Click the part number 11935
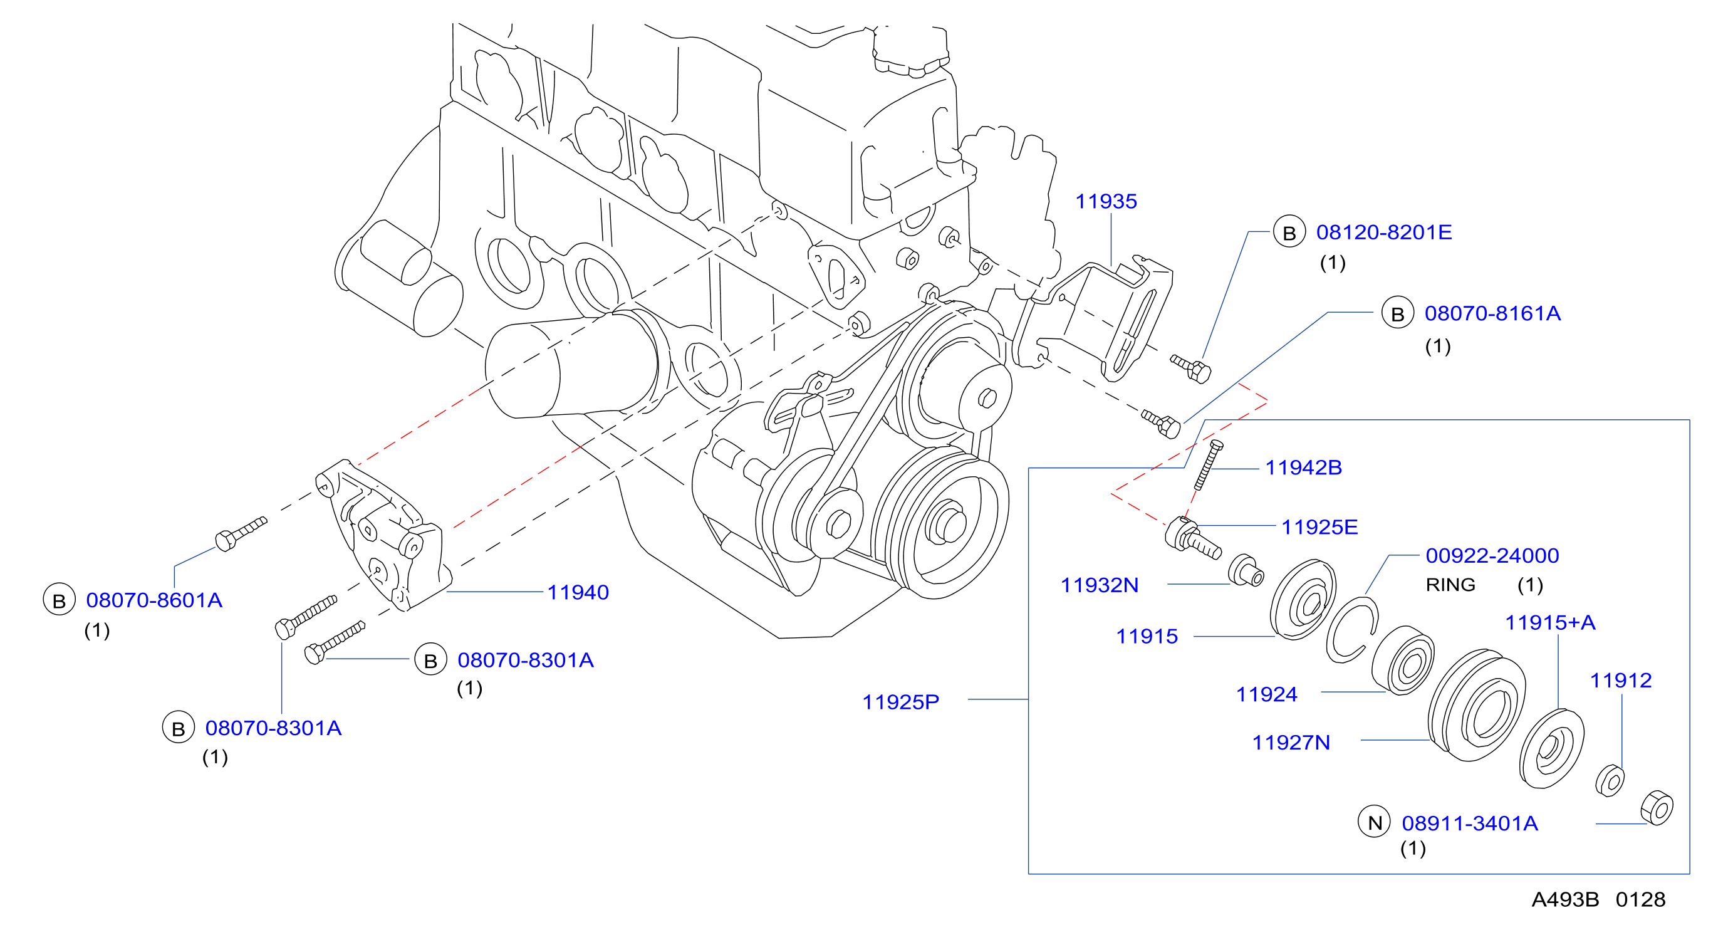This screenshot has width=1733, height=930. tap(1105, 201)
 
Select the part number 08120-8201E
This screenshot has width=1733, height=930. tap(1383, 232)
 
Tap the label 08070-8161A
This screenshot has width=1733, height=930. tap(1492, 313)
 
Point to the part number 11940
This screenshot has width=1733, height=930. tap(578, 592)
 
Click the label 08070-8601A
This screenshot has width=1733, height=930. tap(154, 600)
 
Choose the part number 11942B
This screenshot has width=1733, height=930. tap(1303, 468)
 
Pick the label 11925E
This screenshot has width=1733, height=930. tap(1319, 527)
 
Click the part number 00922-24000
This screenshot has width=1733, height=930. tap(1492, 556)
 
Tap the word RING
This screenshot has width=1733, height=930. tap(1450, 585)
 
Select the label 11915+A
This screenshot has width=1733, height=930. tap(1550, 622)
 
